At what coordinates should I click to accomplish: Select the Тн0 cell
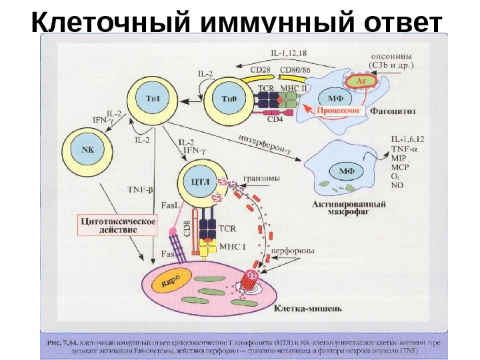228,99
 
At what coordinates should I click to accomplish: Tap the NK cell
87,149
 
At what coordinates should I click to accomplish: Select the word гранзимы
261,178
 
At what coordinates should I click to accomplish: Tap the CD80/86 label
296,68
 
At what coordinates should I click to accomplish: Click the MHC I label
233,246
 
